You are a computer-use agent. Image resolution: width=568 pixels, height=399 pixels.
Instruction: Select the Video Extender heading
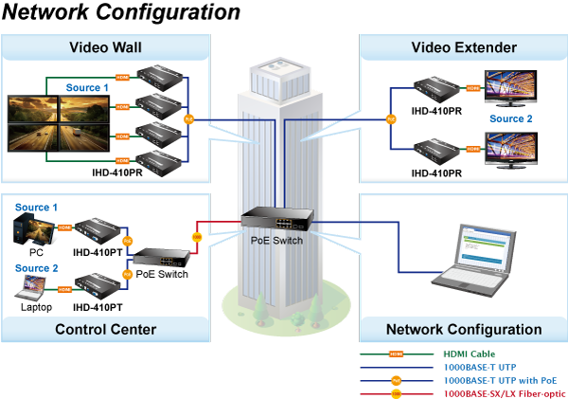click(x=464, y=47)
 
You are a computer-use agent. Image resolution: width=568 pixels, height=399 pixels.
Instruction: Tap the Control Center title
click(x=105, y=330)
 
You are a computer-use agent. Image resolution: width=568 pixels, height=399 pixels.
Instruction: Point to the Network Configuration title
click(x=464, y=330)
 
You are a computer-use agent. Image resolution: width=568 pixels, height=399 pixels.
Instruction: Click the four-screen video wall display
click(x=58, y=124)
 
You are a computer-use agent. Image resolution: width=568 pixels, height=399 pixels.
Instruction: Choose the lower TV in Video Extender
click(x=510, y=149)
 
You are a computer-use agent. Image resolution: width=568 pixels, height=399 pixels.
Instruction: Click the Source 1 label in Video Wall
click(x=87, y=88)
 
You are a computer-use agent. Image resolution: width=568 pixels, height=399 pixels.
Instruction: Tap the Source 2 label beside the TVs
click(x=511, y=118)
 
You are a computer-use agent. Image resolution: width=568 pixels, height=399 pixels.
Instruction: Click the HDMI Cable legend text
click(x=470, y=352)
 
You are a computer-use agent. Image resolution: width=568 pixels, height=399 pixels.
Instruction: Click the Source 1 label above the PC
click(x=36, y=208)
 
